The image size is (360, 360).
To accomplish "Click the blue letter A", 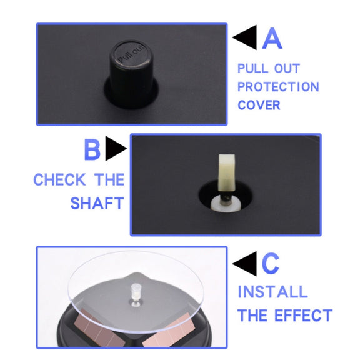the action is point(272,38).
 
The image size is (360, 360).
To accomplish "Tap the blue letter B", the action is point(92,149).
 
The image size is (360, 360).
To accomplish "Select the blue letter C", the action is point(271,264).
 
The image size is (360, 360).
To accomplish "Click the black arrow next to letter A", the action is point(245,37).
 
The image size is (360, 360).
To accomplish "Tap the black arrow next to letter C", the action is point(245,264).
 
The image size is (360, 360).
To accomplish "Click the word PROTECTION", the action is point(278,87).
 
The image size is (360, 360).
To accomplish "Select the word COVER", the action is point(259,105).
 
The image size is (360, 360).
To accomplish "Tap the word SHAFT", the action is point(97,203).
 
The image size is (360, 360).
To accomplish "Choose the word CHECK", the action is point(60,179).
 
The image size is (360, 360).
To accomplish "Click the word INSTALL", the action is point(272,292).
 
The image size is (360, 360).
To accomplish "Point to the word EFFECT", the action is point(304,315).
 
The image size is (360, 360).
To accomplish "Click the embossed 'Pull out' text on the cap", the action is point(131,53).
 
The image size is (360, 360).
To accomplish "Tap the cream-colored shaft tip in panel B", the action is point(227,172).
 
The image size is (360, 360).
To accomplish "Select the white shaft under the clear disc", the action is point(136,293).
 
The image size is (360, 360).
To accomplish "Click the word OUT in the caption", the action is point(287,68).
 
